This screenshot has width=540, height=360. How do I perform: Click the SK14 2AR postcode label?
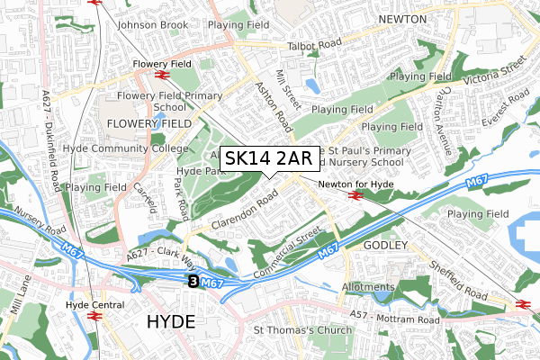click(x=267, y=159)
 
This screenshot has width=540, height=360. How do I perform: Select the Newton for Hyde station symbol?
click(x=356, y=193)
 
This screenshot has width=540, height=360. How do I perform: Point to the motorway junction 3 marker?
click(x=193, y=283)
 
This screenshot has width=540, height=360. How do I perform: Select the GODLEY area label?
click(x=387, y=245)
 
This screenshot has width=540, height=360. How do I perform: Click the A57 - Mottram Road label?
click(x=396, y=319)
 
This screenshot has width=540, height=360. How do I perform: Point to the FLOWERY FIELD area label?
click(x=148, y=122)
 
